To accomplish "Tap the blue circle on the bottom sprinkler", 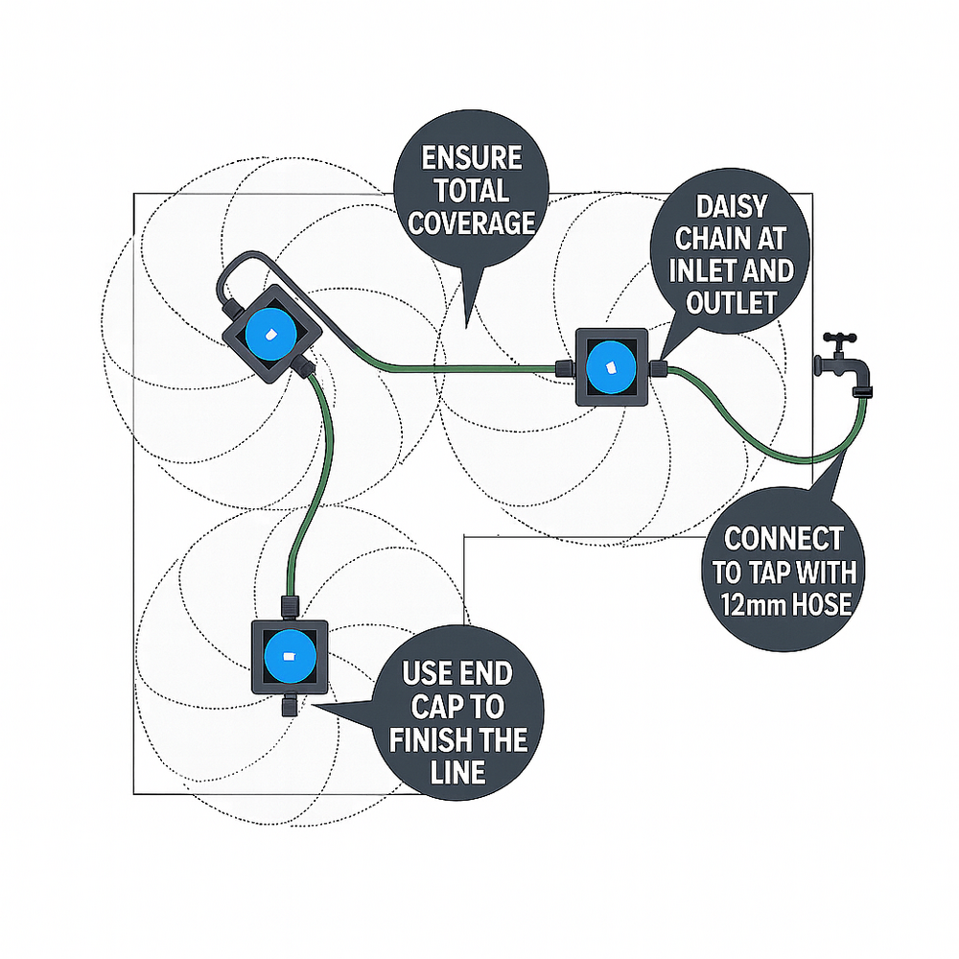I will point(288,658).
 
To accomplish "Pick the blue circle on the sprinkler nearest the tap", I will point(611,367).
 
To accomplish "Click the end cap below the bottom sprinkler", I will point(288,707).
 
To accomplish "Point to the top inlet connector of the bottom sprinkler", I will point(288,606).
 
